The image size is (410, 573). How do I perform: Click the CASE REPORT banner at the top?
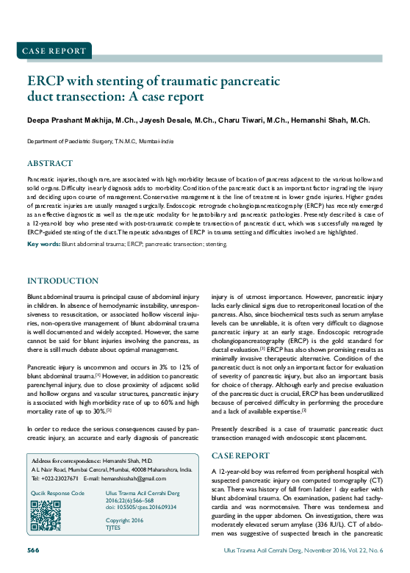click(x=53, y=51)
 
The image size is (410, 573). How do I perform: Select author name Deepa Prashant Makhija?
click(x=68, y=120)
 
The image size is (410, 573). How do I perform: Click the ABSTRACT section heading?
click(x=50, y=163)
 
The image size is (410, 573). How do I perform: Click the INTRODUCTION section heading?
click(x=62, y=281)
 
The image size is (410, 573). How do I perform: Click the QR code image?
click(x=45, y=515)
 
